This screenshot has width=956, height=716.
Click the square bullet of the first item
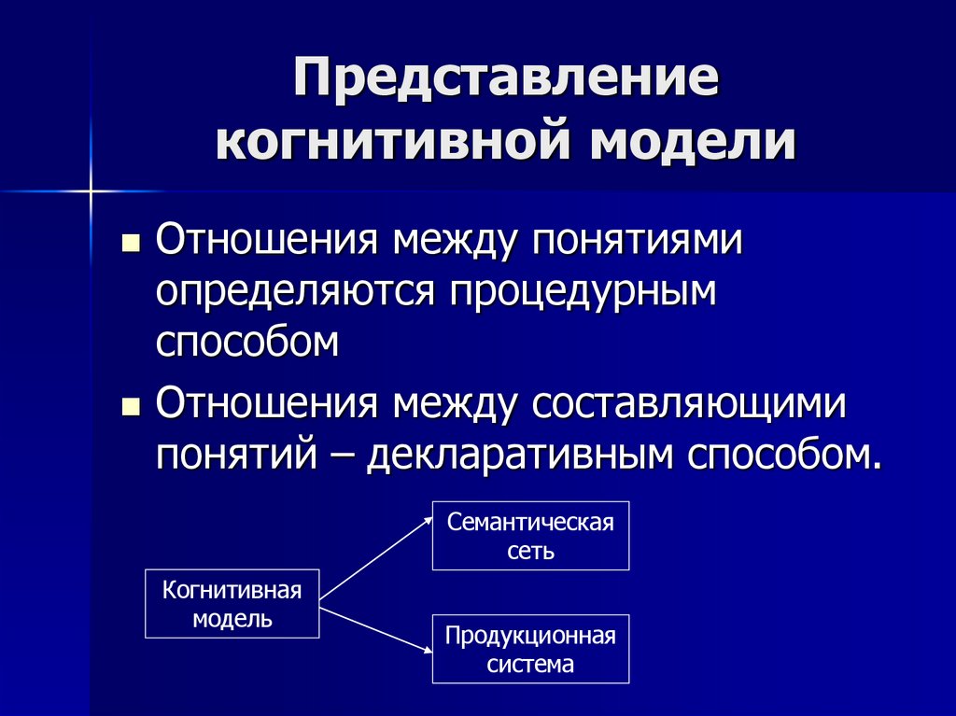[132, 245]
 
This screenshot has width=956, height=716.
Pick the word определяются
[296, 292]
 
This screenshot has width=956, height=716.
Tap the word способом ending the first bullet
[247, 343]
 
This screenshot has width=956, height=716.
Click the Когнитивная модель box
[232, 604]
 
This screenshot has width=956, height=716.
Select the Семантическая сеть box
[530, 536]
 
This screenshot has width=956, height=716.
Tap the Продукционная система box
[530, 649]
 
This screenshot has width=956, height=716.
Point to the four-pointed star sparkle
[92, 191]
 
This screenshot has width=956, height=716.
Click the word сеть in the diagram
[530, 551]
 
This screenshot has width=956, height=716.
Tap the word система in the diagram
[530, 665]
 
